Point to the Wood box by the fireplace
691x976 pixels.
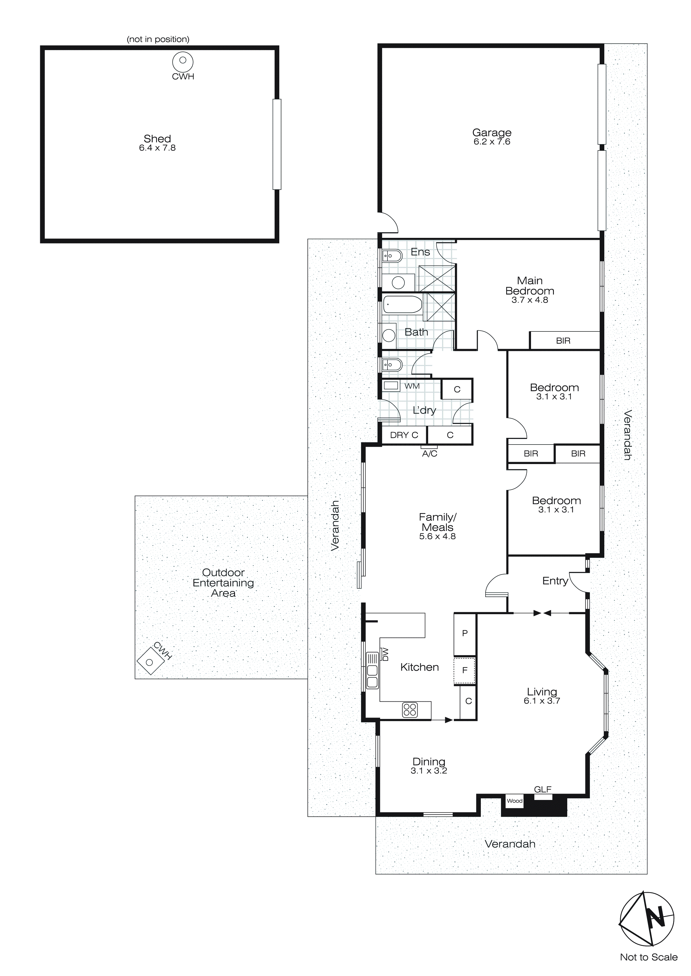515,801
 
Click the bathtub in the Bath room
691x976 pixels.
403,304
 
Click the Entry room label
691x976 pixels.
555,581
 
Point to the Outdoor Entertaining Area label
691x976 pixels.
223,583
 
